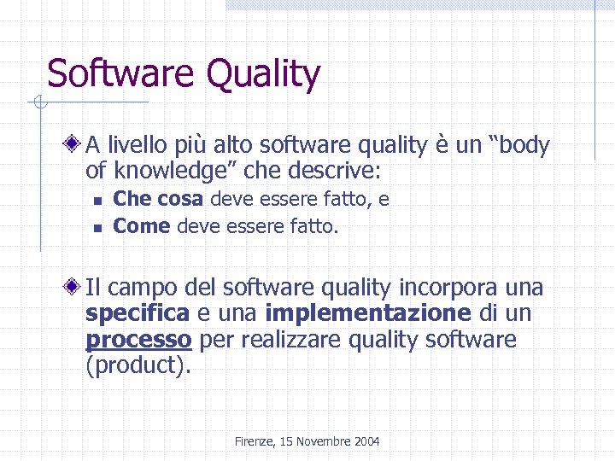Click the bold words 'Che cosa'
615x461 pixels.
(x=158, y=200)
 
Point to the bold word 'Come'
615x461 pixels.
(x=142, y=227)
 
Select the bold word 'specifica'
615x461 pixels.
(x=138, y=314)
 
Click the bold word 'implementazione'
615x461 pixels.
(x=367, y=313)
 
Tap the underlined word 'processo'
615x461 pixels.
(x=138, y=340)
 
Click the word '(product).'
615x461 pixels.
(x=139, y=367)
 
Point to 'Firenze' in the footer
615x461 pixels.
(x=253, y=441)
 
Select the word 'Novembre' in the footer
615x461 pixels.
(x=320, y=441)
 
